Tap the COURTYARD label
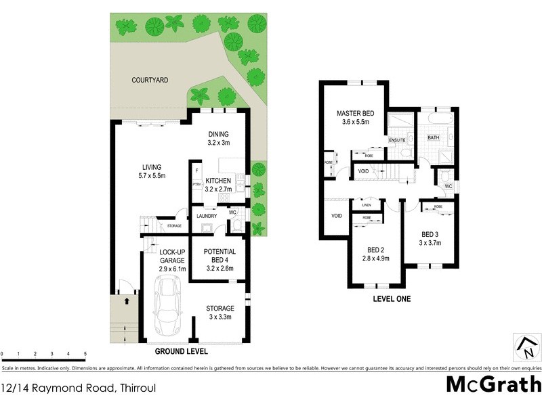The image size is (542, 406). pos(150,80)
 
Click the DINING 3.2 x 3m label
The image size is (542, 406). pos(218,138)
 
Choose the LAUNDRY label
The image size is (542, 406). pos(206,217)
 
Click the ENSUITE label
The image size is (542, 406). pos(396,141)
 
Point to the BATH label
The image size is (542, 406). pos(434,137)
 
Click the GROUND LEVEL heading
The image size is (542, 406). pos(181,352)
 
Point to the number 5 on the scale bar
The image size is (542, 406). pos(85,354)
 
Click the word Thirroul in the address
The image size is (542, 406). pos(140,388)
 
